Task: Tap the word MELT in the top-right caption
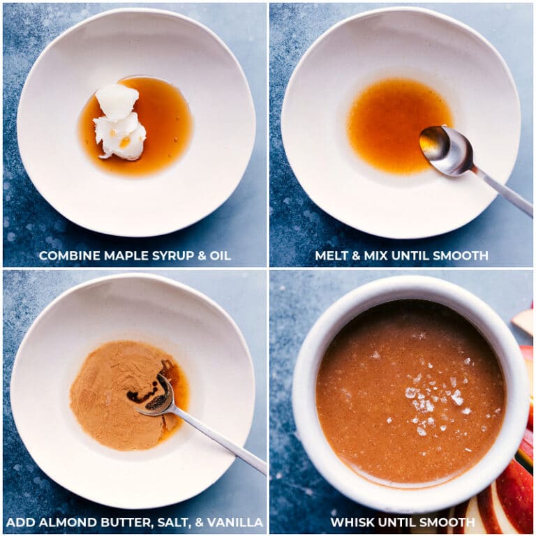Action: pos(332,256)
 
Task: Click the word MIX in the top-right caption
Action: pos(378,256)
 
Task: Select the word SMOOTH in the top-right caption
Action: pos(461,256)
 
